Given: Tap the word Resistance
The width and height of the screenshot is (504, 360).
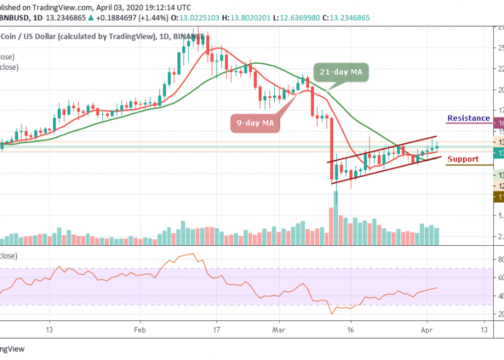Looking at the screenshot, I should (468, 118).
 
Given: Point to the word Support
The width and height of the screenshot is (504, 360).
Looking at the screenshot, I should (463, 159).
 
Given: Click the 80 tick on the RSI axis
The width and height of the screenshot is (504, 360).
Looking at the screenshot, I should (500, 259).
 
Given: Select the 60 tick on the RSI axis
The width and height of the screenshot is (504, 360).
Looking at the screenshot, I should (500, 277).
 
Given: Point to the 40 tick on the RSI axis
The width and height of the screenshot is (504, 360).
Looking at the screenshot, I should (500, 296).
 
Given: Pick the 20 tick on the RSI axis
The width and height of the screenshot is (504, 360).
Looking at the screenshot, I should (500, 314).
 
